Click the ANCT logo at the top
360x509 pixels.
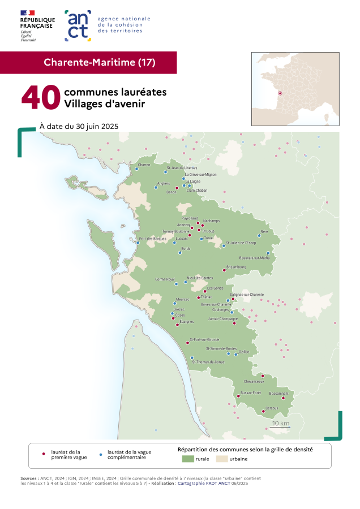78,25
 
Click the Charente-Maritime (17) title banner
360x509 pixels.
99,62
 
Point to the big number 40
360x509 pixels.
41,98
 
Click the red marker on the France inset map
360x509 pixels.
280,93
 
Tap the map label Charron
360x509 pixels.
144,165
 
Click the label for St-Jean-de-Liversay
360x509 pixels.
182,168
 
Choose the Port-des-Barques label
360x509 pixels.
152,239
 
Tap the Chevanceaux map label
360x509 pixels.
254,381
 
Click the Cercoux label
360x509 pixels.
272,408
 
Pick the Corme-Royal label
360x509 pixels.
165,279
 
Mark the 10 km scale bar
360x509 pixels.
280,428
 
